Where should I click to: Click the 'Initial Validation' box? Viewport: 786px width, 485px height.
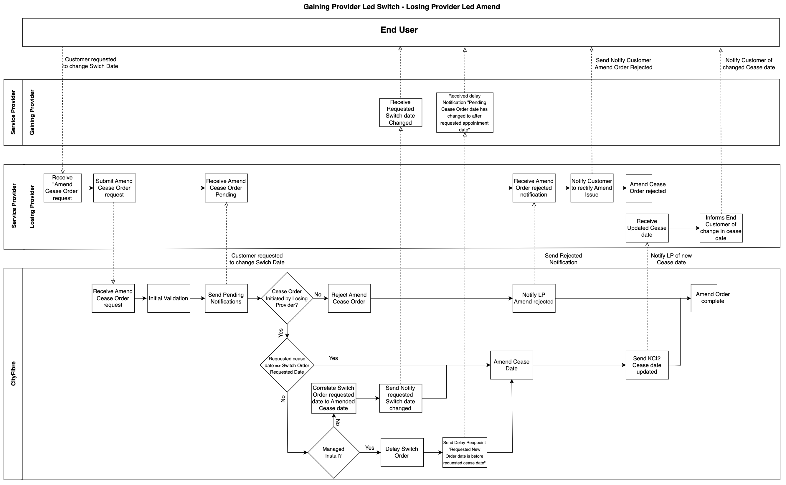[x=169, y=298]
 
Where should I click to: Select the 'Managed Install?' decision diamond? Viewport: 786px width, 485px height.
[x=333, y=452]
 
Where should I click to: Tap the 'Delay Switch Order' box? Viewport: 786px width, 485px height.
[x=402, y=452]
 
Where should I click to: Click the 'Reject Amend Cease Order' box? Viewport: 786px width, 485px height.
[x=349, y=298]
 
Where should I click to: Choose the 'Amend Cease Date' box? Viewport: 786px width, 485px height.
[x=511, y=365]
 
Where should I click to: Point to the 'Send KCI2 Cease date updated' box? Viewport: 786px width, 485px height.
[x=647, y=365]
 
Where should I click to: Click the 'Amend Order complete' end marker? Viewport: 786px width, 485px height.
[x=713, y=298]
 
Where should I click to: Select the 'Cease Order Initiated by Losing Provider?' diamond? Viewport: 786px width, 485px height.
[x=287, y=298]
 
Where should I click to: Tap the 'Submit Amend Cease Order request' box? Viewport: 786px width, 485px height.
[x=115, y=188]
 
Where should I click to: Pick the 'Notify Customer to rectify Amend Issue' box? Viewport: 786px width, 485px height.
[x=592, y=188]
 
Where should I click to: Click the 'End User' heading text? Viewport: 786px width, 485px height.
[x=399, y=30]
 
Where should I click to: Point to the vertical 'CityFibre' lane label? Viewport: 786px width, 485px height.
[x=14, y=373]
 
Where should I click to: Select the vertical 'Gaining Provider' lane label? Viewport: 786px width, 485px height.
[x=32, y=112]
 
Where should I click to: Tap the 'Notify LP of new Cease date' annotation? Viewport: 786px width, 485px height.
[x=671, y=259]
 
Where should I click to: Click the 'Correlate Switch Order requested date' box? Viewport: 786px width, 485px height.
[x=333, y=398]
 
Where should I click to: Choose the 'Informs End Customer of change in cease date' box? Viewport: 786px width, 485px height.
[x=721, y=228]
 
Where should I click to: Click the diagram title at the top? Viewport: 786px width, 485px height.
[x=402, y=7]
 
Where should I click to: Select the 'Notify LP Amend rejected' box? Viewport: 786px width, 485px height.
[x=534, y=298]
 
